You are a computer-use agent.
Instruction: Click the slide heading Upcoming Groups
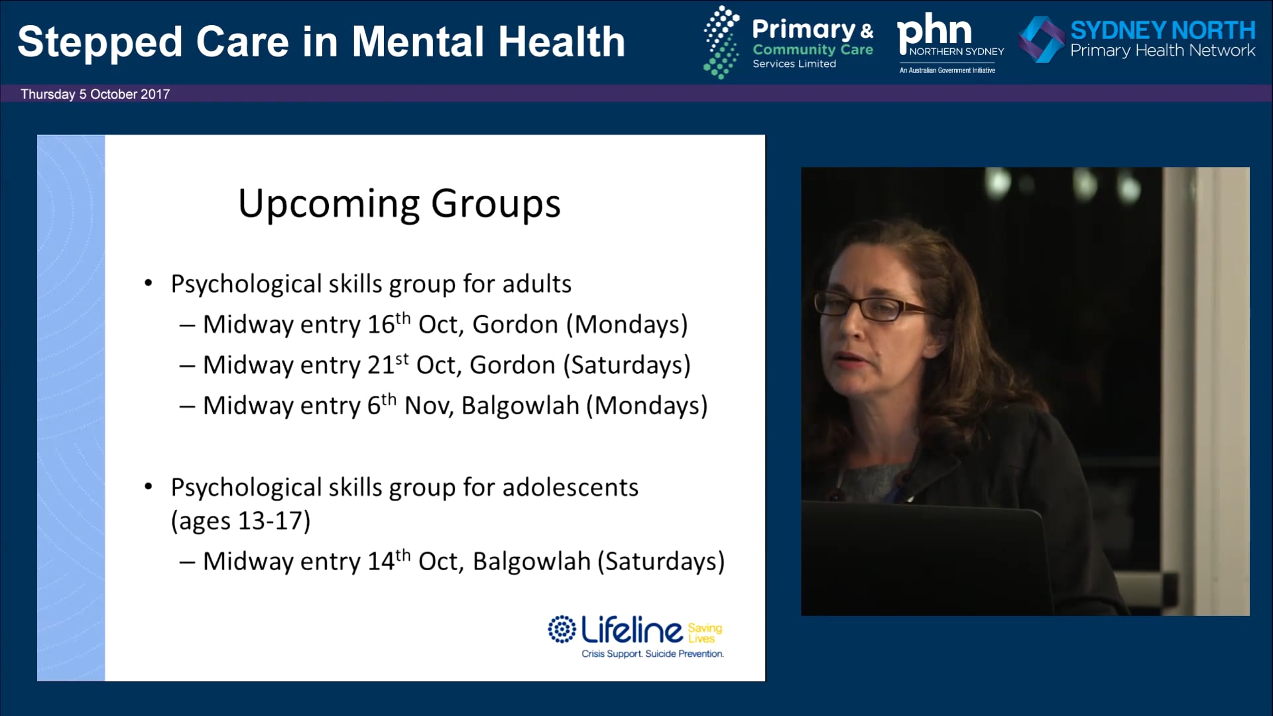coord(399,204)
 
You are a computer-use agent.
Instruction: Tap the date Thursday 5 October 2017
coord(95,94)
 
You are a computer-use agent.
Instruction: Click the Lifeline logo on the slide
coord(635,636)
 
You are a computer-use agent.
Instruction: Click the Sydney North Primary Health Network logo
coord(1136,40)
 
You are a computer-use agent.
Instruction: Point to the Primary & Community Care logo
coord(788,42)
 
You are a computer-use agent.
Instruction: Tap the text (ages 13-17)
coord(241,521)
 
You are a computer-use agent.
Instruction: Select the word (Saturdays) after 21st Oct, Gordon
coord(627,365)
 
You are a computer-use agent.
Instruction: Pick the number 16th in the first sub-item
coord(389,324)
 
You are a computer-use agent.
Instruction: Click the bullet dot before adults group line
coord(149,284)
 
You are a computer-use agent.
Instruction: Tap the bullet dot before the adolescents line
coord(149,487)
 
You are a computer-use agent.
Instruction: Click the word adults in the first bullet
coord(536,284)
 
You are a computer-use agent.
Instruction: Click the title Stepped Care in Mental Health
coord(322,42)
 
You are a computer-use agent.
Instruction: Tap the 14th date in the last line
coord(389,560)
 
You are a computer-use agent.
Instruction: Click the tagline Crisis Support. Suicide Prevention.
coord(652,654)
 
